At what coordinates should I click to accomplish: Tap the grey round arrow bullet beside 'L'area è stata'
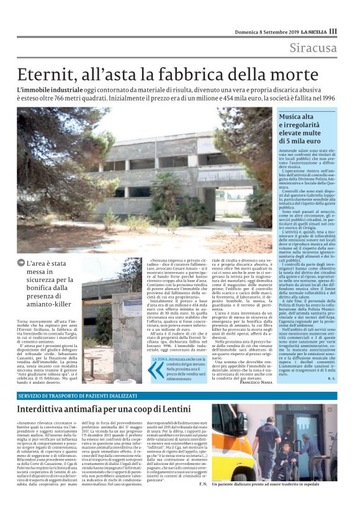tap(21, 263)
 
